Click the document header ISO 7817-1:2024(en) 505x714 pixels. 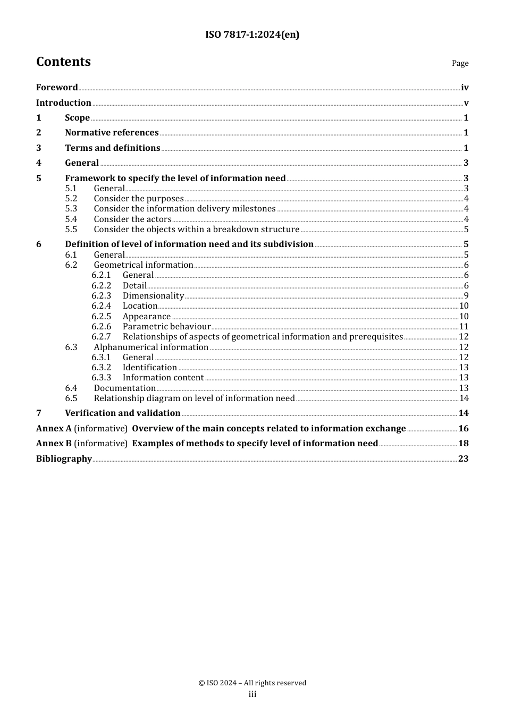[x=252, y=35]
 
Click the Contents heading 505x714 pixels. [x=63, y=62]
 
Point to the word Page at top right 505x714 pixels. [x=460, y=63]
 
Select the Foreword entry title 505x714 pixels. [x=57, y=88]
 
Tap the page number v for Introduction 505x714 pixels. [x=466, y=103]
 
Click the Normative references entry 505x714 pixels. [x=112, y=133]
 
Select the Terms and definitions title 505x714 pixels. [x=112, y=148]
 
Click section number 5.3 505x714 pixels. [x=71, y=209]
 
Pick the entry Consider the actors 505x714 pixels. [x=132, y=219]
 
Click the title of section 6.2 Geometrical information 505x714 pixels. [x=144, y=265]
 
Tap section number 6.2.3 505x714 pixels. [x=101, y=296]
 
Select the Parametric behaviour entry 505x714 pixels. [x=166, y=327]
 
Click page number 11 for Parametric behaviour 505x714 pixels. [x=464, y=327]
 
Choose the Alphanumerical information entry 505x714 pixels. [x=151, y=347]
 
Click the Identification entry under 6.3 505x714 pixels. [x=149, y=368]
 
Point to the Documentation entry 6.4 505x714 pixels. [x=124, y=388]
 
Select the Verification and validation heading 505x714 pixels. [x=122, y=413]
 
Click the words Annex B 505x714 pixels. [x=54, y=444]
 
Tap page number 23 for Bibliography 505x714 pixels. [x=463, y=459]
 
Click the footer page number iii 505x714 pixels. [x=252, y=694]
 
